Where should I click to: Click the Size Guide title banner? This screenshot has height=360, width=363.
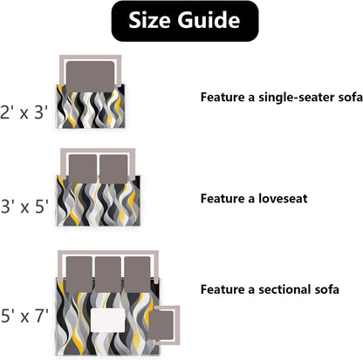pyautogui.click(x=185, y=21)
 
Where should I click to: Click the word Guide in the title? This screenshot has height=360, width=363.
pyautogui.click(x=209, y=20)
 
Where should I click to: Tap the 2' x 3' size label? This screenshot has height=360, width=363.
pyautogui.click(x=24, y=112)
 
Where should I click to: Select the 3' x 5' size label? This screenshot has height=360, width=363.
pyautogui.click(x=24, y=207)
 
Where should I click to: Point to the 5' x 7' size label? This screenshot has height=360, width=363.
pyautogui.click(x=24, y=316)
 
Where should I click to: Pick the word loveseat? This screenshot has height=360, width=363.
pyautogui.click(x=283, y=199)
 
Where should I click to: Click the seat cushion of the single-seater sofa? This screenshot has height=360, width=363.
pyautogui.click(x=90, y=77)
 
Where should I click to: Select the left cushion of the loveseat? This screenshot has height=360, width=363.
pyautogui.click(x=83, y=169)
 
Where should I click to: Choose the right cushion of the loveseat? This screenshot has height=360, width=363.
pyautogui.click(x=113, y=169)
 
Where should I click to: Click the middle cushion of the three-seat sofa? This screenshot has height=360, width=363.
pyautogui.click(x=108, y=275)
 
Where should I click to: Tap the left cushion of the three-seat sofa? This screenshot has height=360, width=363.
pyautogui.click(x=79, y=275)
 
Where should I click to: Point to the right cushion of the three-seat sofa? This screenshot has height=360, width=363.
pyautogui.click(x=137, y=275)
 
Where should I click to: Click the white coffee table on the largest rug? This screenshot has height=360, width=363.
pyautogui.click(x=108, y=320)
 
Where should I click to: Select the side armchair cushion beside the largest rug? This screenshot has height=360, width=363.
pyautogui.click(x=161, y=325)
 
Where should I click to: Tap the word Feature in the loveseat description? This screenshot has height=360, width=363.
pyautogui.click(x=223, y=199)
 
